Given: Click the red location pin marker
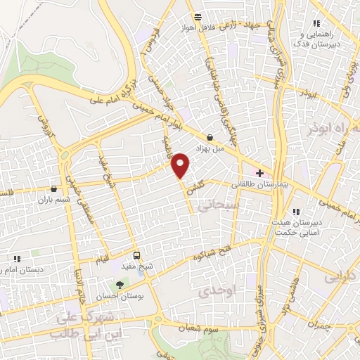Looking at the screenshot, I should pos(181,164).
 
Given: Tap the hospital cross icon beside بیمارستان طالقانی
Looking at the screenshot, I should pos(259,173).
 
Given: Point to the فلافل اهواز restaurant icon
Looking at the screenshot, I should pos(198,16).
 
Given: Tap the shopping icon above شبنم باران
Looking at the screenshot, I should pos(54,188).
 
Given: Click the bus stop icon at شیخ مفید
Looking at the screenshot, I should pos(137,255).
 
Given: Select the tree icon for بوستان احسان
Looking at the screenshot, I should pos(118,285).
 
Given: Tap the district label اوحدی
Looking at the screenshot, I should pos(216,290).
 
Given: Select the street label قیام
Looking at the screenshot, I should pos(103,259).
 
